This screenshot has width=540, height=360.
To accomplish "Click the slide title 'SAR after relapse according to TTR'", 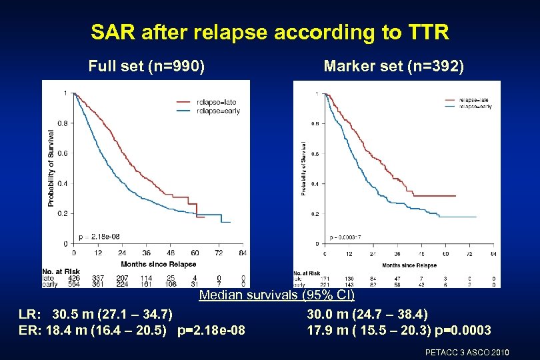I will (270, 31).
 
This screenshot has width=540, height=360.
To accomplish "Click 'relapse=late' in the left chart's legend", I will (216, 102).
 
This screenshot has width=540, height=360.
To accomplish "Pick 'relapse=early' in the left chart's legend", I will (218, 111).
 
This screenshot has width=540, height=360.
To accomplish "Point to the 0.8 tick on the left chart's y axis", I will (62, 123).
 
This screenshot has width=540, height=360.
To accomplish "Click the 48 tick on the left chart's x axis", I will (170, 253).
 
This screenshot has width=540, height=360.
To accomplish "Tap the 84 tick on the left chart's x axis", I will (243, 253).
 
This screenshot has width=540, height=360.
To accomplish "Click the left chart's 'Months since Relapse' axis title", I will (158, 264).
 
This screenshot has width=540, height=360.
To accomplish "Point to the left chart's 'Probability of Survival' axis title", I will (51, 167).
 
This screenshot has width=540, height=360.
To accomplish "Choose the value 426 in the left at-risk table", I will (73, 277).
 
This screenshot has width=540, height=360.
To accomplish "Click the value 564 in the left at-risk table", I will (73, 284).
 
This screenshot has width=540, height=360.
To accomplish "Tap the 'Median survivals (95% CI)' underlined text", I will (277, 295).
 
